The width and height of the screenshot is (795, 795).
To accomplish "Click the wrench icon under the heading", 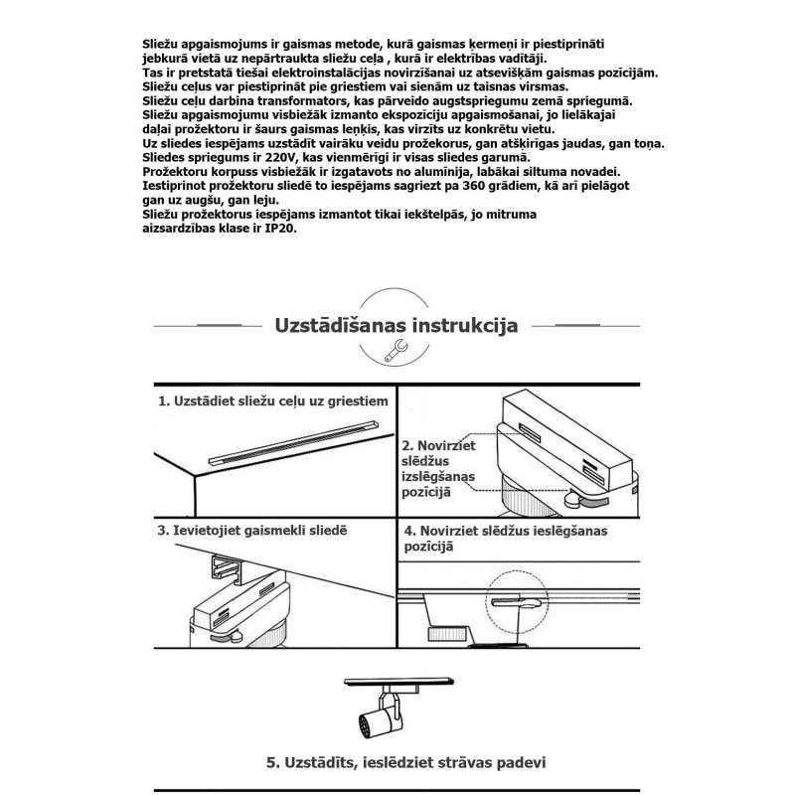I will [x=396, y=347].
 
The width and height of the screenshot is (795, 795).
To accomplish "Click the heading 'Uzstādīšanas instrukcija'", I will [x=396, y=325].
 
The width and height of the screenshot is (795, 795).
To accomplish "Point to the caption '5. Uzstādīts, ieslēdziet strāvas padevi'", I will [x=407, y=763].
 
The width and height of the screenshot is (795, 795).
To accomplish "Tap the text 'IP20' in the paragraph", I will [x=281, y=228].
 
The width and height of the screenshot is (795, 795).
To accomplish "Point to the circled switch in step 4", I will [x=517, y=603].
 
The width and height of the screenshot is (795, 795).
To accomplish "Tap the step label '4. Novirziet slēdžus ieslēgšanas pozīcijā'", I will [x=505, y=538].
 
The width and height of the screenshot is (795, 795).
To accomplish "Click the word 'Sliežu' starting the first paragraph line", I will [x=164, y=46].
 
